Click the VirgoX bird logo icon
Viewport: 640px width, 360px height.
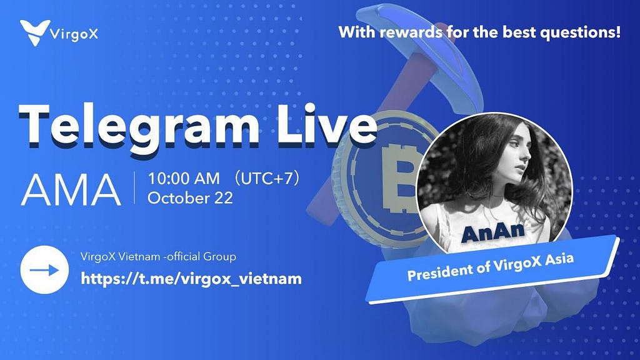coord(35,32)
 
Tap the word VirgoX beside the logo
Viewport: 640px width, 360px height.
coord(74,34)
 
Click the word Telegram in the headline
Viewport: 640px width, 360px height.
coord(138,125)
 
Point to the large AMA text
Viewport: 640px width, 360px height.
coord(71,189)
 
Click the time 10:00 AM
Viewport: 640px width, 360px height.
coord(184,178)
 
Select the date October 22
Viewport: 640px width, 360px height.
coord(190,198)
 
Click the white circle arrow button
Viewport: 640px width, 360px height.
coord(44,270)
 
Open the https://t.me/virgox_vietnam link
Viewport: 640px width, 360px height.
coord(191,279)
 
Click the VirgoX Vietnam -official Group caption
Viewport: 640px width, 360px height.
coord(158,257)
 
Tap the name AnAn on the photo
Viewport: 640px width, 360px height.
coord(493,232)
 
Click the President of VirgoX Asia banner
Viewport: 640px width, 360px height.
coord(493,269)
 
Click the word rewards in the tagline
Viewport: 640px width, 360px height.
coord(411,32)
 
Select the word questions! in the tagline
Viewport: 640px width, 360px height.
coord(580,32)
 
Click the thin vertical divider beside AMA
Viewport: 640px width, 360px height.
coord(135,187)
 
